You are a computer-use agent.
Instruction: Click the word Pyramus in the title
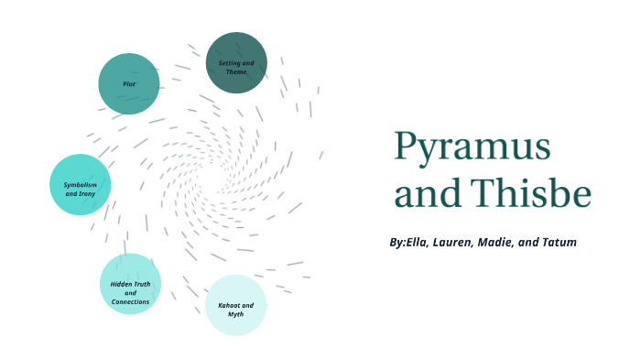tap(473, 147)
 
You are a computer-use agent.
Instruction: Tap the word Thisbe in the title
tap(534, 193)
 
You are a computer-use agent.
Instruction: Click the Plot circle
tap(129, 83)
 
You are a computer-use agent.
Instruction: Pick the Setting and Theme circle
tap(236, 63)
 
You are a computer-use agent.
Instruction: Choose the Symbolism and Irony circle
tap(81, 185)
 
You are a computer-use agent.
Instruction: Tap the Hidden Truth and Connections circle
tap(130, 284)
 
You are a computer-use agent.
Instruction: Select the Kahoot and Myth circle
tap(236, 305)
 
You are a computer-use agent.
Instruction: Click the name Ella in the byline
tap(420, 242)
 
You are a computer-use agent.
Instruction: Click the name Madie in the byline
tap(513, 242)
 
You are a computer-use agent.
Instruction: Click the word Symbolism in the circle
tap(81, 185)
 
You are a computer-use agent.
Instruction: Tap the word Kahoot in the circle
tap(231, 304)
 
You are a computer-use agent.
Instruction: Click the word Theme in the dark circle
tap(236, 71)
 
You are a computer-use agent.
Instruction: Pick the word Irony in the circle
tap(87, 194)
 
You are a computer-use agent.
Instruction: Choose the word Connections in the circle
tap(130, 301)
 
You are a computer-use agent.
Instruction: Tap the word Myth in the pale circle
tap(236, 314)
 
